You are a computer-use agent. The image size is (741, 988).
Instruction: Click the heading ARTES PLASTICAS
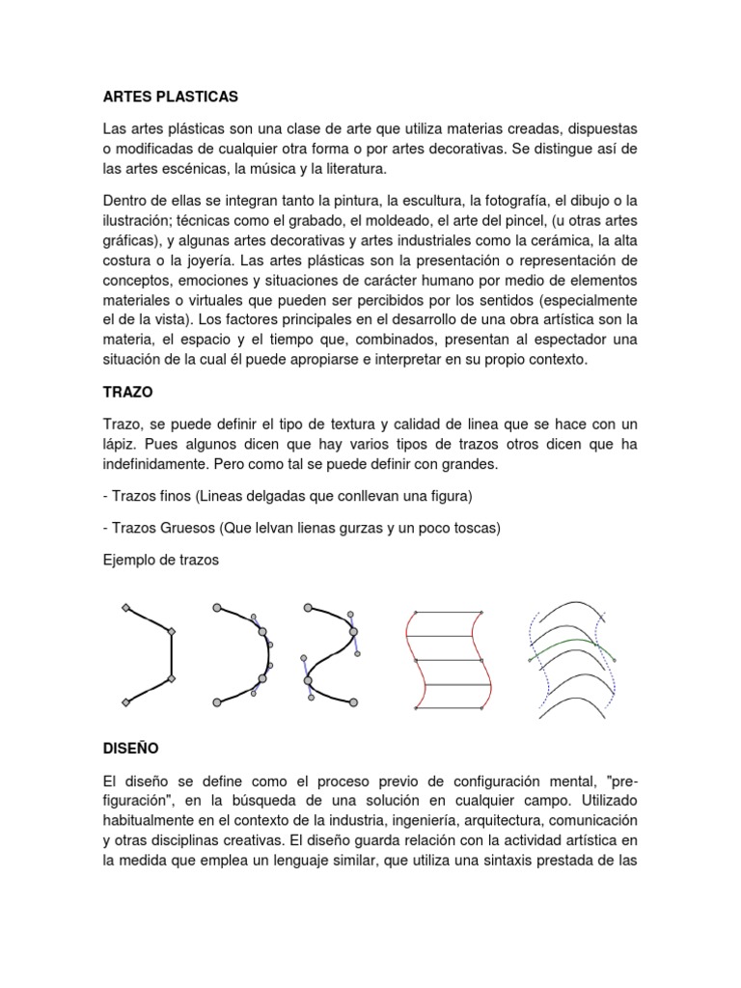coord(170,97)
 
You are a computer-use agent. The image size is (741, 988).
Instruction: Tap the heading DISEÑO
coord(130,748)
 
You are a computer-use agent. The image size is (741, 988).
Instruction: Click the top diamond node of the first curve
coord(125,608)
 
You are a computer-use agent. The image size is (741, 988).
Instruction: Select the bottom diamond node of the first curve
coord(125,701)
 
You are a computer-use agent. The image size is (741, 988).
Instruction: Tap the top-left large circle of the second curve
coord(217,608)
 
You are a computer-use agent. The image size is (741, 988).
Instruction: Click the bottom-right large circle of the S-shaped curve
coord(353,701)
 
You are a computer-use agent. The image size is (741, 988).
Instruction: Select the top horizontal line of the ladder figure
coord(448,612)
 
